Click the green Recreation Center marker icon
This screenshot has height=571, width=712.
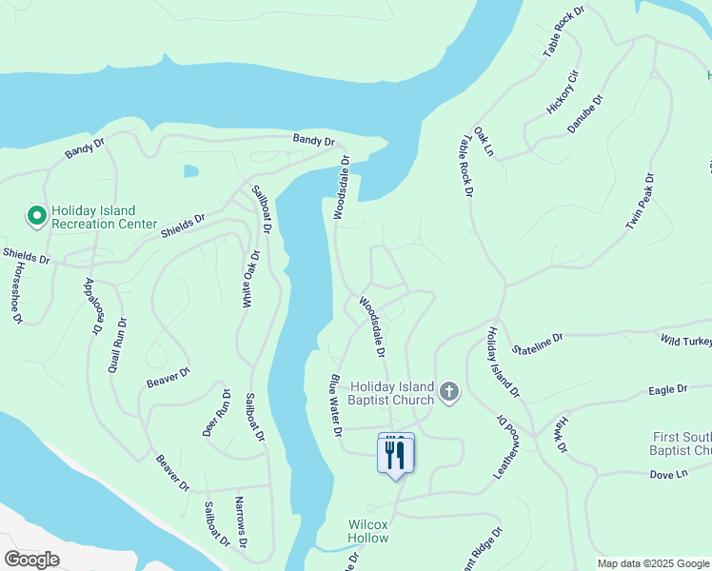click(x=36, y=217)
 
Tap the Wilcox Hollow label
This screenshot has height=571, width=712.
click(x=367, y=531)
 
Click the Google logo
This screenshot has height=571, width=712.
click(x=31, y=559)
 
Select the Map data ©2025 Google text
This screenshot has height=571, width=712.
click(x=653, y=563)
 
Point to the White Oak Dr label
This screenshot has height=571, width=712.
click(x=250, y=279)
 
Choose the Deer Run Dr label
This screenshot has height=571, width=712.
click(x=214, y=412)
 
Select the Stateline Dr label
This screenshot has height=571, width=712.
click(x=539, y=341)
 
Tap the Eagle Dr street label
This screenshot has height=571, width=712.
click(x=667, y=389)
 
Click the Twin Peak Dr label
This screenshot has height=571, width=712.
click(x=641, y=201)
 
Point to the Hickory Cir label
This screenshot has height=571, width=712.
click(x=563, y=92)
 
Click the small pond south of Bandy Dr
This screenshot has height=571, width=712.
click(x=191, y=171)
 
